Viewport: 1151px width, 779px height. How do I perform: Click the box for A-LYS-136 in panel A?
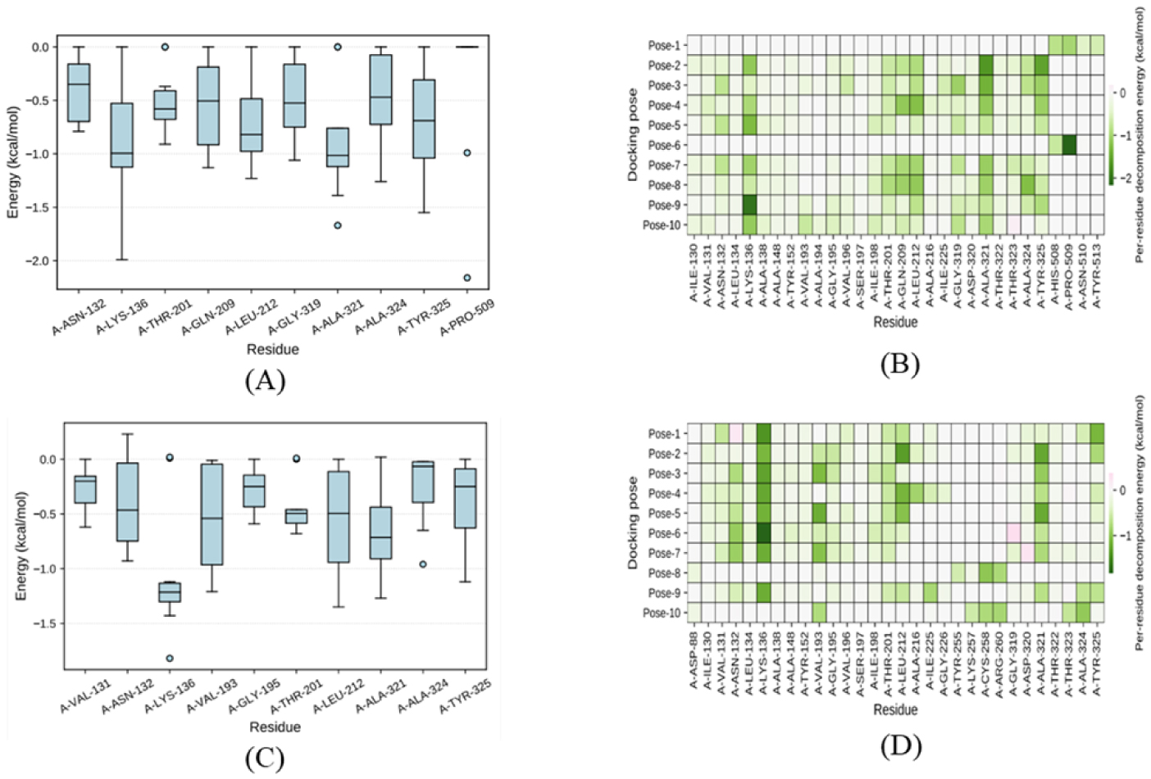[x=122, y=135]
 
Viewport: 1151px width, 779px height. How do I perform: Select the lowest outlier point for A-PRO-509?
[x=467, y=278]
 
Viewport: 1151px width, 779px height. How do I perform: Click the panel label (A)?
[x=265, y=381]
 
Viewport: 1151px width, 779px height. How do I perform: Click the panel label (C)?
[x=265, y=759]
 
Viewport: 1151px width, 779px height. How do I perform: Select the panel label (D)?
[x=899, y=746]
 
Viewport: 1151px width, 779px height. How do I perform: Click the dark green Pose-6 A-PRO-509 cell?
[x=1070, y=145]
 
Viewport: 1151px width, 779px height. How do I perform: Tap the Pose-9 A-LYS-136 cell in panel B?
[x=749, y=205]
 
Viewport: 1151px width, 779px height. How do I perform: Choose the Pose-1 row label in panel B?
[x=663, y=46]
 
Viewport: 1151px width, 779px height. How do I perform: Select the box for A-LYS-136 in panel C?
[x=170, y=591]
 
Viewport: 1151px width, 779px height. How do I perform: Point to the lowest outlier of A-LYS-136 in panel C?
[x=170, y=658]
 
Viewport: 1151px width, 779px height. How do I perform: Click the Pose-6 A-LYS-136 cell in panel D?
[x=764, y=533]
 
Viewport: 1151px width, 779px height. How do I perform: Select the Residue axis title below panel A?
[x=273, y=350]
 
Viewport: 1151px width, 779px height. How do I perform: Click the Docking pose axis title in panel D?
[x=634, y=523]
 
